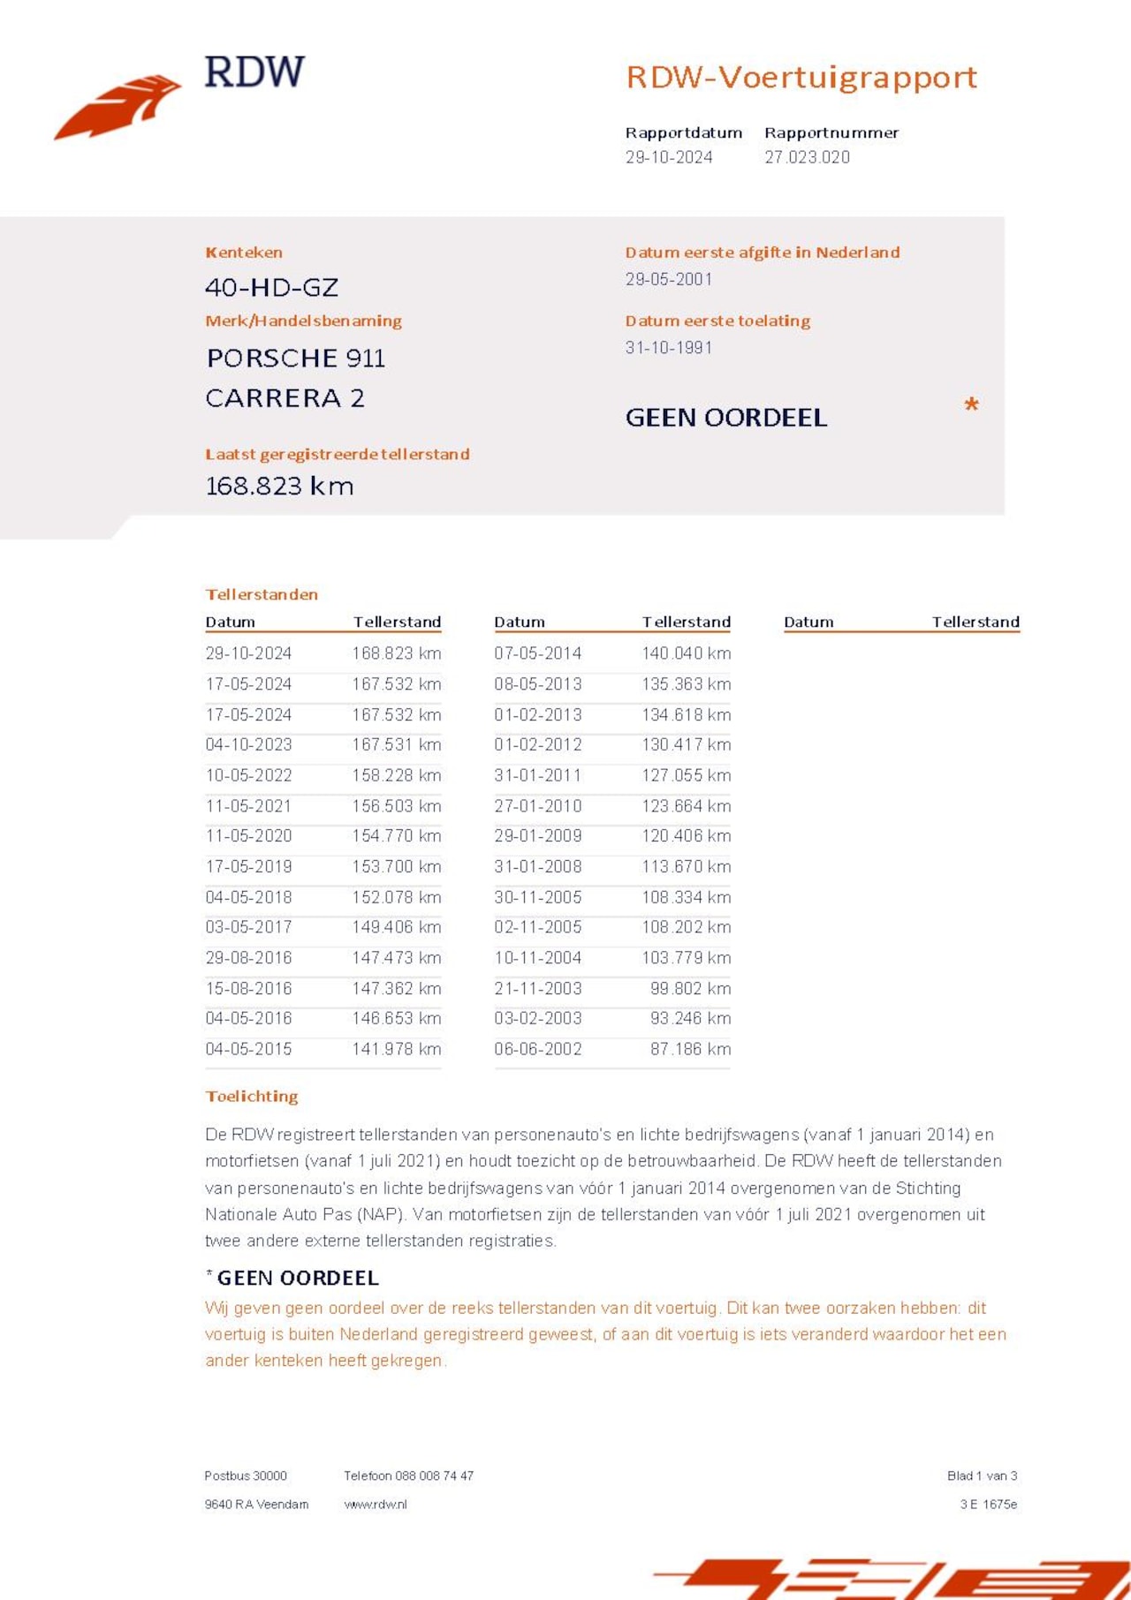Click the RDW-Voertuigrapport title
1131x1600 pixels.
[x=801, y=78]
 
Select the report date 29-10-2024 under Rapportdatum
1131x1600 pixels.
[x=669, y=157]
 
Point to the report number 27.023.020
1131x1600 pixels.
[x=807, y=157]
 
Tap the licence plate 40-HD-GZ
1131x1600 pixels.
[x=271, y=287]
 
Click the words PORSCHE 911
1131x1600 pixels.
[x=295, y=358]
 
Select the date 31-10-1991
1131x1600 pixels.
[x=668, y=347]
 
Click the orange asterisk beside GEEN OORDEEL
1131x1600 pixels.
[x=971, y=405]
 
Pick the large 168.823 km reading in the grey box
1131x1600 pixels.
[x=279, y=486]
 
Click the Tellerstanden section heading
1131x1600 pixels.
[x=261, y=594]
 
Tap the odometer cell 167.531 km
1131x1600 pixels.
[x=396, y=744]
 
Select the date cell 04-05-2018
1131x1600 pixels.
[x=248, y=897]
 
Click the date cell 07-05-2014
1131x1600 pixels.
[x=537, y=653]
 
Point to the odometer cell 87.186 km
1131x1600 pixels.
[x=690, y=1049]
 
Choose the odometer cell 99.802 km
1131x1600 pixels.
[x=690, y=988]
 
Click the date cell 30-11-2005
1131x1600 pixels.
[x=537, y=897]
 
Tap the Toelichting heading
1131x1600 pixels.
[x=252, y=1096]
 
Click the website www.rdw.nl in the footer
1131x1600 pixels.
[x=376, y=1504]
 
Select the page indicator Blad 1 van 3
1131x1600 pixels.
[x=982, y=1475]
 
